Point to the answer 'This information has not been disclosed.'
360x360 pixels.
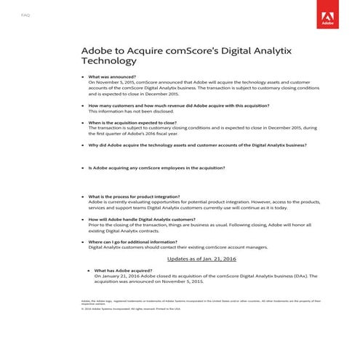pos(131,112)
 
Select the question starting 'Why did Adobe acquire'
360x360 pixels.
pos(196,145)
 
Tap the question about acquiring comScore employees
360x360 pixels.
pos(156,168)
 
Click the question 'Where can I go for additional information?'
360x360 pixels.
pos(132,241)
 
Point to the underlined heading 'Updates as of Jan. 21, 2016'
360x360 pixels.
pos(201,258)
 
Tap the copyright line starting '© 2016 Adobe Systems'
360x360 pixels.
pos(130,308)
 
